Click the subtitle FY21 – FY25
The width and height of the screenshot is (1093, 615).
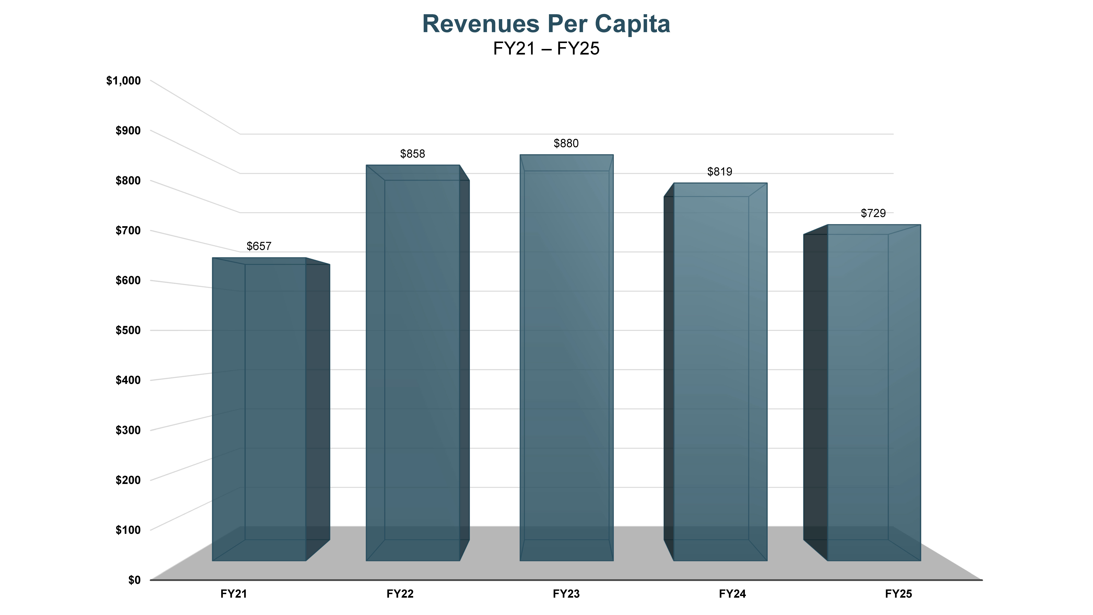pos(546,49)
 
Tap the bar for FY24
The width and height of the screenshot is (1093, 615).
pos(720,374)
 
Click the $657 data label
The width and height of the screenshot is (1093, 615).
pos(259,246)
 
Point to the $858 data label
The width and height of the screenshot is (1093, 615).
pos(412,154)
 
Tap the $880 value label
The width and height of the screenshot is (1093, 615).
pos(566,143)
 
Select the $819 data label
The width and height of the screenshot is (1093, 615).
pos(720,172)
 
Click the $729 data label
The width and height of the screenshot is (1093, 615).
pos(873,213)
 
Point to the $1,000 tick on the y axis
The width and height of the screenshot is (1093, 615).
pos(124,81)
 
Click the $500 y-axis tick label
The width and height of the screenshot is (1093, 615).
pos(128,330)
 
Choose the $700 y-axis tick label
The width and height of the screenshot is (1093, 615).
pos(128,230)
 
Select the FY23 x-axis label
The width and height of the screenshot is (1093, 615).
pos(566,594)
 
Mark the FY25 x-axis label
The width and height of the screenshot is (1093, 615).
pos(898,594)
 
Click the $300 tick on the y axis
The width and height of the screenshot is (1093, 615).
pos(128,430)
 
